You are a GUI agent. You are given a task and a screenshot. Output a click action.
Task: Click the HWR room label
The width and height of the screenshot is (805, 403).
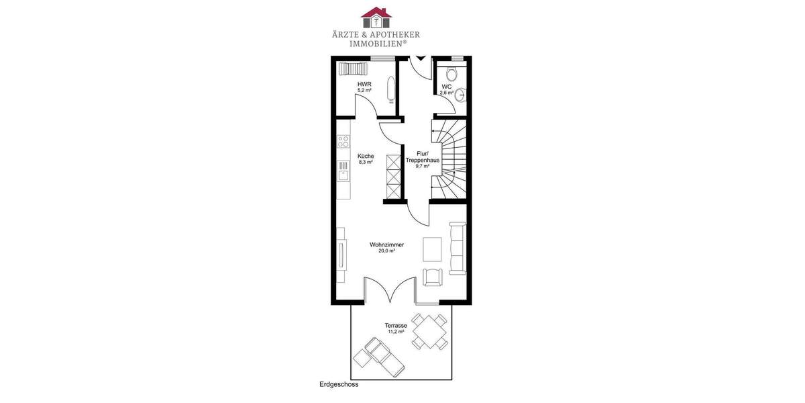click(364, 84)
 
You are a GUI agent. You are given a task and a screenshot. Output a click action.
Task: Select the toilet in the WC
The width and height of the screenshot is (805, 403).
click(452, 73)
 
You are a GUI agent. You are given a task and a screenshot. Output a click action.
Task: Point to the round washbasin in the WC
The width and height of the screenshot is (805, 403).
click(460, 96)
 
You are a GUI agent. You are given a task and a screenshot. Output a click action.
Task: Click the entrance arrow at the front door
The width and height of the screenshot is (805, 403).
click(421, 59)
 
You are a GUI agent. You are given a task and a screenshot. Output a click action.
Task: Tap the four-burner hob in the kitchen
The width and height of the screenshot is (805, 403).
click(343, 141)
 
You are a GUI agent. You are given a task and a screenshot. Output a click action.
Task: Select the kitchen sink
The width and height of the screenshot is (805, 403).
click(343, 176)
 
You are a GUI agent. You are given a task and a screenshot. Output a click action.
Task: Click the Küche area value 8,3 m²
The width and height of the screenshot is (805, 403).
click(366, 162)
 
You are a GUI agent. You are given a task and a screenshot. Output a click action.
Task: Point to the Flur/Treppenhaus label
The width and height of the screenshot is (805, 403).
click(422, 157)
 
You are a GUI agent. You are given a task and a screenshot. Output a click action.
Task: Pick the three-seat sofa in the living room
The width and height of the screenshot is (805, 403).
click(458, 248)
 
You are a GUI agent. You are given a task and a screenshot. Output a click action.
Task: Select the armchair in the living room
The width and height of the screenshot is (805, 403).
click(433, 277)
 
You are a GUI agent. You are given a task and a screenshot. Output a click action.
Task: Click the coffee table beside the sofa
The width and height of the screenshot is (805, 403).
click(431, 249)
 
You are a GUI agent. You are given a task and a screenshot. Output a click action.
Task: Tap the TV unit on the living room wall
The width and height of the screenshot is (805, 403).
click(342, 255)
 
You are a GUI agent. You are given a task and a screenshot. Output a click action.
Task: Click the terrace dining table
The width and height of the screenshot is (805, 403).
click(429, 331)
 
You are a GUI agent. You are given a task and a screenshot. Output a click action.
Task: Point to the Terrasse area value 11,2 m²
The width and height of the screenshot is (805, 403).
click(395, 332)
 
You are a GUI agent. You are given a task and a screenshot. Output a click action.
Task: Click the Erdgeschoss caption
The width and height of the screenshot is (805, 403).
click(339, 385)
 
